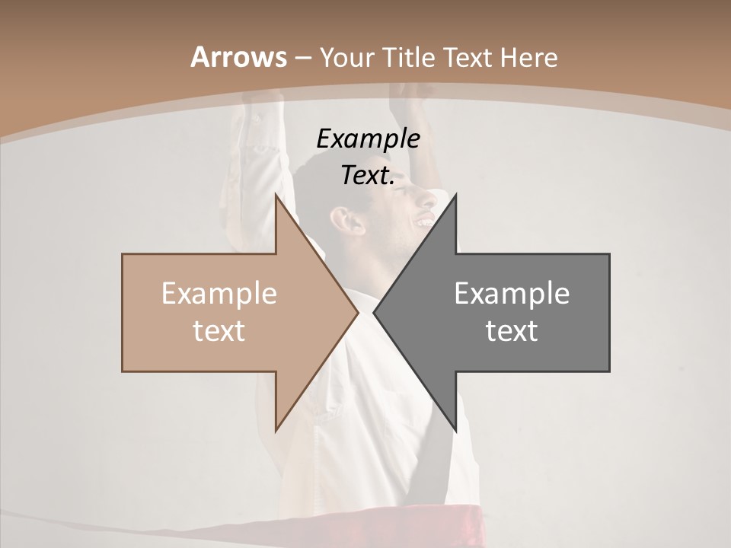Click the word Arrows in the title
point(238,58)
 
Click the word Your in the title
point(346,58)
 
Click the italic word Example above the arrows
point(368,139)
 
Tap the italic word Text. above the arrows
point(368,175)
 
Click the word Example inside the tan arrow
point(219,293)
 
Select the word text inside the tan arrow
point(219,330)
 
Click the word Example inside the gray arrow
point(512,293)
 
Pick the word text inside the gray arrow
point(512,330)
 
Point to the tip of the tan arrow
point(357,312)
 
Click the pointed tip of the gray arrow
point(375,312)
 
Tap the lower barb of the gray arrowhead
point(455,430)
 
